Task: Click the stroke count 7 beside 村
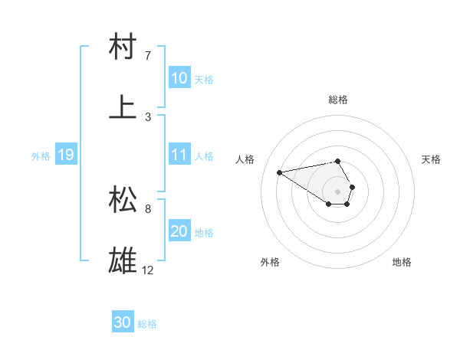(x=148, y=56)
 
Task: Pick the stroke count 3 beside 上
(x=148, y=116)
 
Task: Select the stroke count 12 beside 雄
(x=149, y=270)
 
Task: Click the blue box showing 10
(x=179, y=78)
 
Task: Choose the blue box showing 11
(x=179, y=155)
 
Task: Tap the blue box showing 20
(x=179, y=231)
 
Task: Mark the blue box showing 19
(x=65, y=155)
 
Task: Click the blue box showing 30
(x=123, y=323)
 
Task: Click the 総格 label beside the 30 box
(x=147, y=324)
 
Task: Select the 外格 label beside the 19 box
(x=41, y=155)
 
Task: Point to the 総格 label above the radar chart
(x=338, y=100)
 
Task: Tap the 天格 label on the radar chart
(x=432, y=159)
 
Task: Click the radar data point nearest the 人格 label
(x=280, y=172)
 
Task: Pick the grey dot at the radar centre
(x=337, y=190)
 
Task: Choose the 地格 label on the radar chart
(x=402, y=262)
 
